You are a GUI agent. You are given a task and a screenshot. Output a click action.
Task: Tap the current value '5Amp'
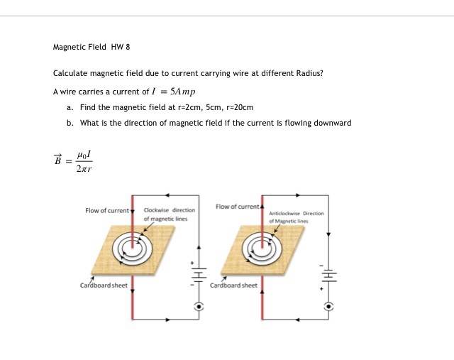[x=182, y=92]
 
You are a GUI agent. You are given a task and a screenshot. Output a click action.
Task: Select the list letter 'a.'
[x=70, y=107]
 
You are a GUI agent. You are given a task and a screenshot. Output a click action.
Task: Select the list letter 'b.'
[x=70, y=123]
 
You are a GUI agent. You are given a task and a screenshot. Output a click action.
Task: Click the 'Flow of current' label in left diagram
[x=108, y=211]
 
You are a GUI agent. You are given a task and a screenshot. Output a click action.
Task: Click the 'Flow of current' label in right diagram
[x=238, y=207]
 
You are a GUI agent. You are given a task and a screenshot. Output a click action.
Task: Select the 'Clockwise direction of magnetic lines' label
[x=169, y=214]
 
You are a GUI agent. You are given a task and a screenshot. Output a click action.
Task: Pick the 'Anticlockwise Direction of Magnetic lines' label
[x=296, y=217]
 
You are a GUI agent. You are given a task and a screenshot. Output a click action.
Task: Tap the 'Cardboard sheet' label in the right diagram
[x=234, y=285]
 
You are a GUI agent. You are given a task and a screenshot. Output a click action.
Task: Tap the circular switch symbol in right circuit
[x=328, y=307]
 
